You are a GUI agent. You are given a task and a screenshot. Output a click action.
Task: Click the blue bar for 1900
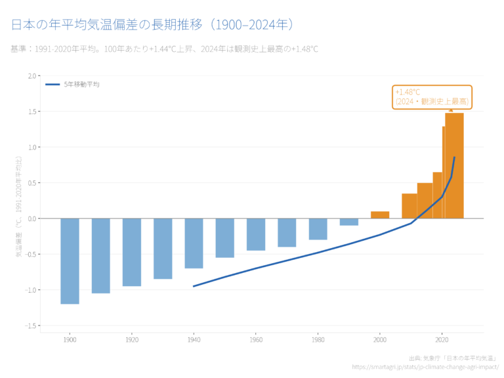tap(70, 261)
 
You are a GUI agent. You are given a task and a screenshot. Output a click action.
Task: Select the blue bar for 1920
tap(132, 252)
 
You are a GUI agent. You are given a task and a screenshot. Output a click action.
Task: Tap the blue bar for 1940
tap(194, 243)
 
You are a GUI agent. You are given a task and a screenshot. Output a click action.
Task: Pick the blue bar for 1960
tap(256, 234)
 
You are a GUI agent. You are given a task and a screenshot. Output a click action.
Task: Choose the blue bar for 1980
tap(318, 229)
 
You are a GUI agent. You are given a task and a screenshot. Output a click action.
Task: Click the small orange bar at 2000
tap(380, 215)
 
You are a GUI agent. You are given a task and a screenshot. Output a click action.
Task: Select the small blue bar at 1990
tap(349, 222)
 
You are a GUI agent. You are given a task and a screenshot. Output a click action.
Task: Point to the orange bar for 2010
tap(409, 206)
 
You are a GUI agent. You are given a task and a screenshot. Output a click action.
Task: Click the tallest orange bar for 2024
tap(455, 165)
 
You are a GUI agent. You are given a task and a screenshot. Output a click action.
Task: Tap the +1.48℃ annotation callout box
tap(432, 97)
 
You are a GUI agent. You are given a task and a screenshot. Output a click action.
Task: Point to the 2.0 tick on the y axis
tap(32, 76)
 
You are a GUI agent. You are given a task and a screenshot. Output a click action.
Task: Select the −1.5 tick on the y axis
tap(31, 325)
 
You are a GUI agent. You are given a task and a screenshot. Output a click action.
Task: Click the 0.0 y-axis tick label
tap(32, 219)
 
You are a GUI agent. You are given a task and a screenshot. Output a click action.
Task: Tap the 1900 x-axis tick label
tap(70, 339)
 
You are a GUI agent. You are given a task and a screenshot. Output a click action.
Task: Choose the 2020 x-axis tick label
tap(442, 339)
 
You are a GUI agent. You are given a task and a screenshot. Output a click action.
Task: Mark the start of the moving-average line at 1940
tap(194, 286)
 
